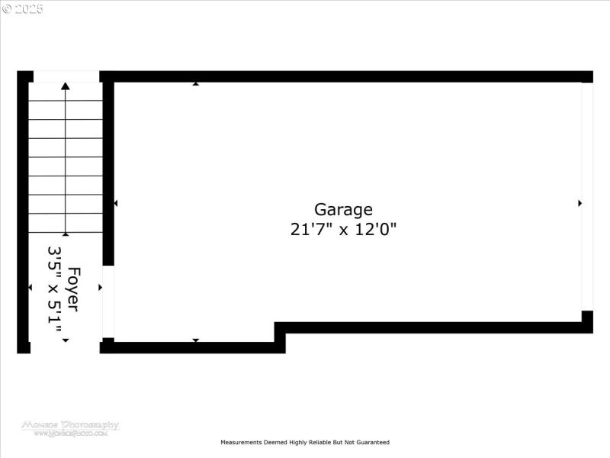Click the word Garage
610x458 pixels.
pos(343,209)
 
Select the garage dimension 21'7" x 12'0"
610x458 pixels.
pos(343,229)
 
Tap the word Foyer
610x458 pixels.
pos(74,289)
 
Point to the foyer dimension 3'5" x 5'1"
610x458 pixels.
pos(55,294)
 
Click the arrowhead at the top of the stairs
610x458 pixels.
pos(66,87)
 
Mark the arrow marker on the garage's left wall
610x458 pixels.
pos(116,203)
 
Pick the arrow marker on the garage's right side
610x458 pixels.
pos(579,203)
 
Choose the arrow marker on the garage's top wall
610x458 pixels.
pos(196,83)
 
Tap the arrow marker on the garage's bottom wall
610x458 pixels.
pos(196,340)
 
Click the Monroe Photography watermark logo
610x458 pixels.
pos(70,427)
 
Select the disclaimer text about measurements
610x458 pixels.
pos(305,442)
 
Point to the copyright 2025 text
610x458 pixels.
pos(23,9)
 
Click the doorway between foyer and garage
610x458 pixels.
pos(108,302)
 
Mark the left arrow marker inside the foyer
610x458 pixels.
pos(30,288)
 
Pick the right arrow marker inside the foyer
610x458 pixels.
pos(100,288)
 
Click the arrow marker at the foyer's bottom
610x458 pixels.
pos(66,340)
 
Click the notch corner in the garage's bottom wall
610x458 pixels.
pos(280,327)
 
